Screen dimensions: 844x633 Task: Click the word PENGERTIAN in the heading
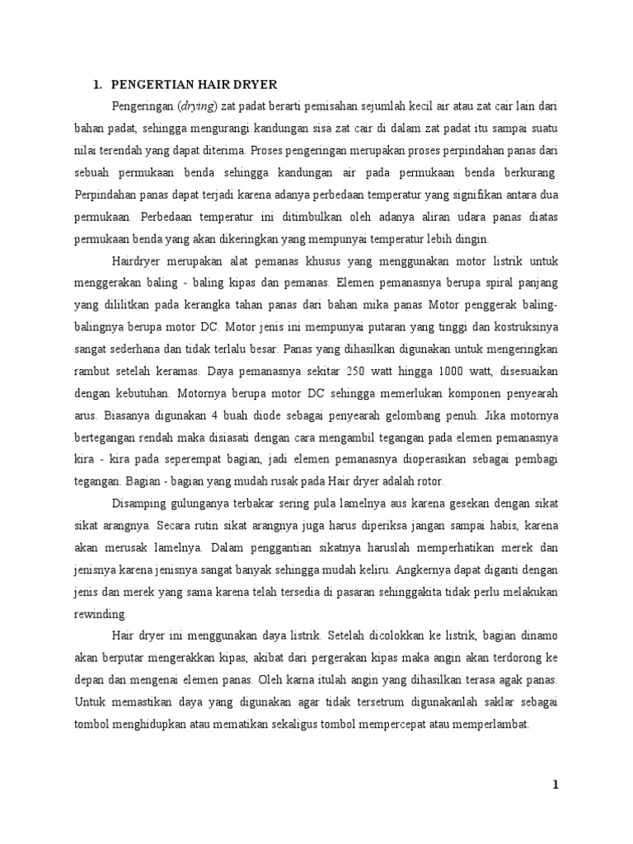pyautogui.click(x=152, y=84)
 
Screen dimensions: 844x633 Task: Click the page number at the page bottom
pyautogui.click(x=556, y=785)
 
